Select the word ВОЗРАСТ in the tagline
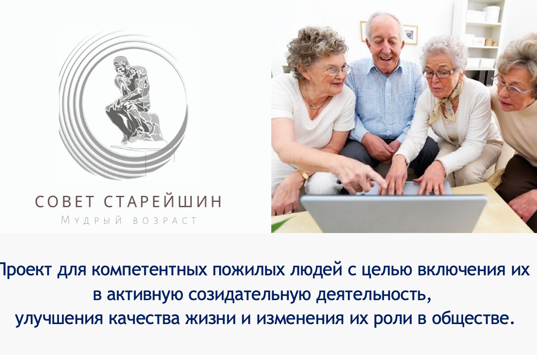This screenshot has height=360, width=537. click(x=165, y=221)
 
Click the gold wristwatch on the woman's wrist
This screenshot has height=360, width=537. click(x=303, y=174)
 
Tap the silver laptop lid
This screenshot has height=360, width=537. click(x=393, y=214)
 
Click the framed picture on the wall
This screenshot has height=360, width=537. click(x=410, y=34)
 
